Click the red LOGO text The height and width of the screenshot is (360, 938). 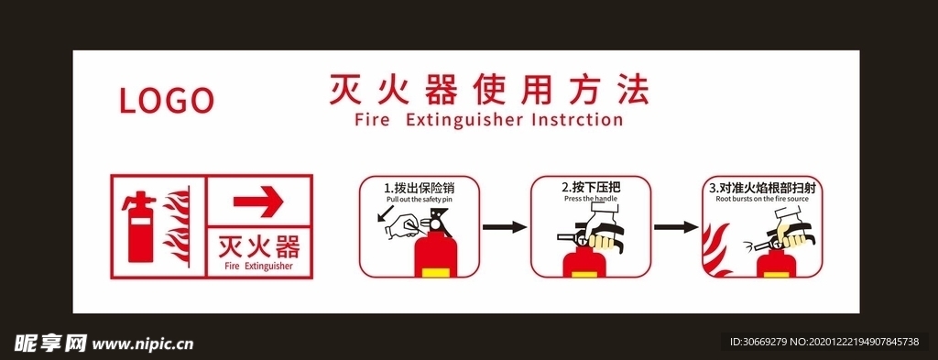click(x=167, y=100)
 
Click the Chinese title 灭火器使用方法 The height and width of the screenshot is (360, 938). click(x=488, y=91)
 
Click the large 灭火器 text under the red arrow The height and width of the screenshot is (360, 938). click(x=259, y=246)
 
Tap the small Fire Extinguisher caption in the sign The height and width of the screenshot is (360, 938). click(x=259, y=267)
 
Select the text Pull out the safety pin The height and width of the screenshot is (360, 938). click(x=419, y=199)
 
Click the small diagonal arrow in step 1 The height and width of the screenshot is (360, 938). click(x=384, y=216)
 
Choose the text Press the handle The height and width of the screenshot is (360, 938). click(x=591, y=198)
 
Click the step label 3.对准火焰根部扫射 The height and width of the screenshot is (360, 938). click(x=762, y=187)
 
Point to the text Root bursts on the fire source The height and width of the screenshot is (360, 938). click(x=762, y=198)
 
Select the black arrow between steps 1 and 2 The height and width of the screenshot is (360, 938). click(x=504, y=226)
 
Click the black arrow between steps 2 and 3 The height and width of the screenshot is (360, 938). click(x=675, y=226)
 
